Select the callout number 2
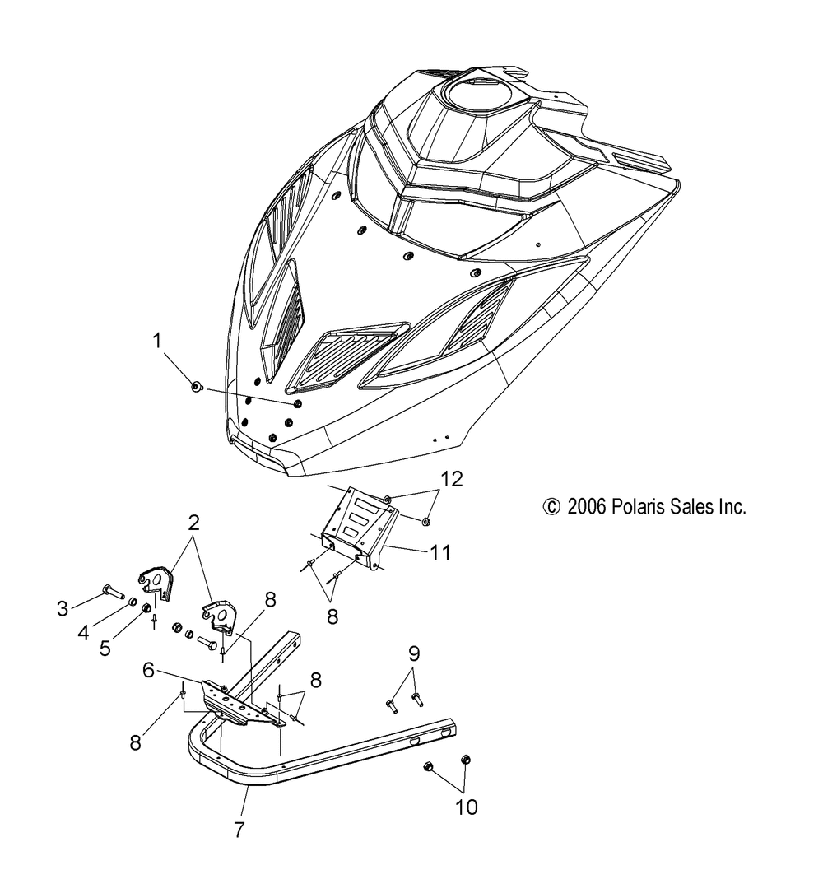193,522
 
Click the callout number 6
148,671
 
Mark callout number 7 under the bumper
239,830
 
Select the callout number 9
414,654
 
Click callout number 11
440,552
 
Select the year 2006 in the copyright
585,507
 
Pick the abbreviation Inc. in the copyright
733,507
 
